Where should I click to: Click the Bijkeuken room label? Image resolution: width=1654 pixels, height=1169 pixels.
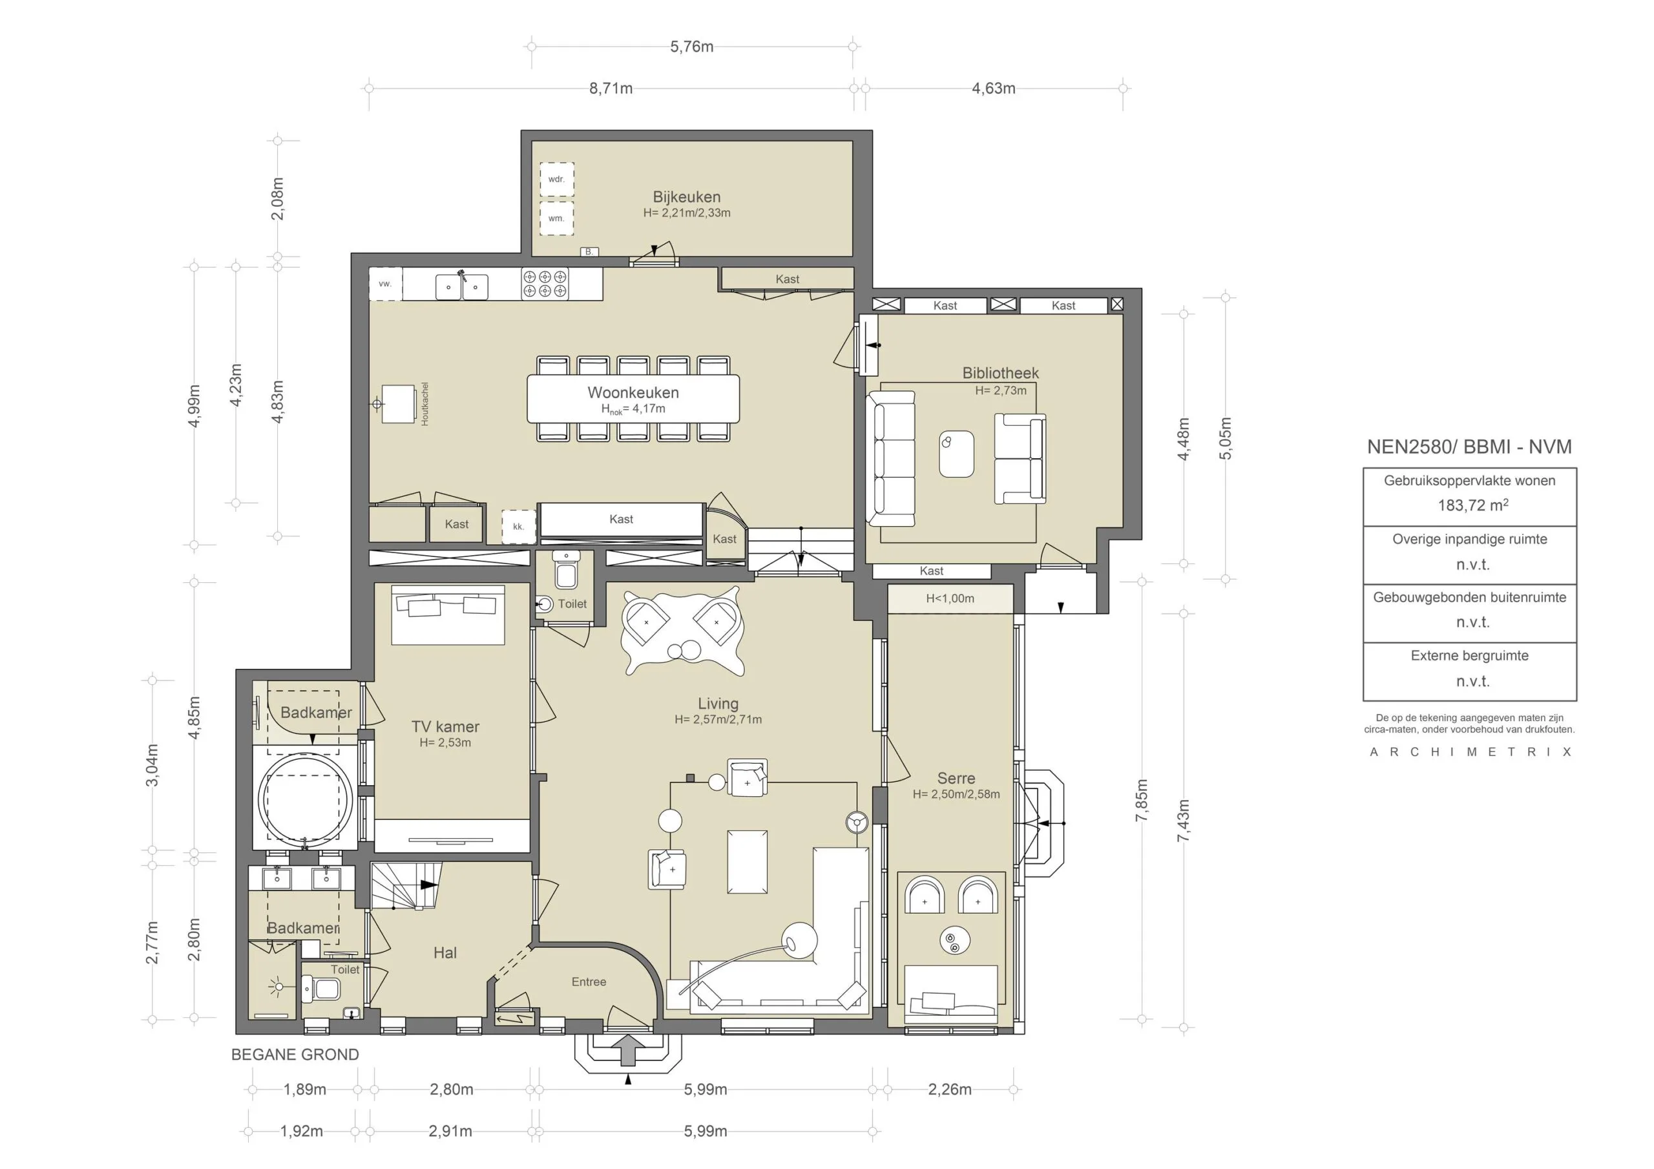point(687,196)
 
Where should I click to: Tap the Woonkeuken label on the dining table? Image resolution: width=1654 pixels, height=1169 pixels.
point(633,393)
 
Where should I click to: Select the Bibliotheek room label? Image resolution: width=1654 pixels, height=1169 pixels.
point(1001,374)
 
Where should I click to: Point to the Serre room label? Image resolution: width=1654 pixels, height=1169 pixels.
point(956,779)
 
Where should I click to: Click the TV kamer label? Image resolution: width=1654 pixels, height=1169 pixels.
point(445,726)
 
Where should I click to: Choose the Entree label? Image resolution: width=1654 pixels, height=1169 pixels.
point(589,982)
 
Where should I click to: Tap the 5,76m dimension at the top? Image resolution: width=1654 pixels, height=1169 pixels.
point(691,47)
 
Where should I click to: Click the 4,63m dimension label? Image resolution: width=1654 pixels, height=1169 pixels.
point(994,89)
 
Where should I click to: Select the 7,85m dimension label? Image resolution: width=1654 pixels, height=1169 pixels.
point(1142,800)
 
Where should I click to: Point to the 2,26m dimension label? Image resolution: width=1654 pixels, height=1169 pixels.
point(950,1089)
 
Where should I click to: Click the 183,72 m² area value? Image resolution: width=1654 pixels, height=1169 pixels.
point(1473,505)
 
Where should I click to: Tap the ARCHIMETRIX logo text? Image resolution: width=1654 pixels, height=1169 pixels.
point(1471,752)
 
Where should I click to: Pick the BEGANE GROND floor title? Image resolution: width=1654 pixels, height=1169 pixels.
point(295,1055)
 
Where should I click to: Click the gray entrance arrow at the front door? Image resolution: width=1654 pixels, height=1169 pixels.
point(629,1050)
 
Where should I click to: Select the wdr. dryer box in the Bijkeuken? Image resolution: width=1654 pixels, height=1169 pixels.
point(557,180)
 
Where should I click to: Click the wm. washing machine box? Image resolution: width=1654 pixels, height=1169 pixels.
point(557,218)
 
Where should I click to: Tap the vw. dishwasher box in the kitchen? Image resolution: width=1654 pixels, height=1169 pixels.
point(386,284)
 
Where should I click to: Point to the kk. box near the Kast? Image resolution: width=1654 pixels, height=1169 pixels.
point(519,526)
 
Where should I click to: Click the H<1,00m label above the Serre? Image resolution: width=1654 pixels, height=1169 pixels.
point(950,598)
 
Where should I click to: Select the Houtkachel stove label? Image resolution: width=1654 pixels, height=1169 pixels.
point(425,404)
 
